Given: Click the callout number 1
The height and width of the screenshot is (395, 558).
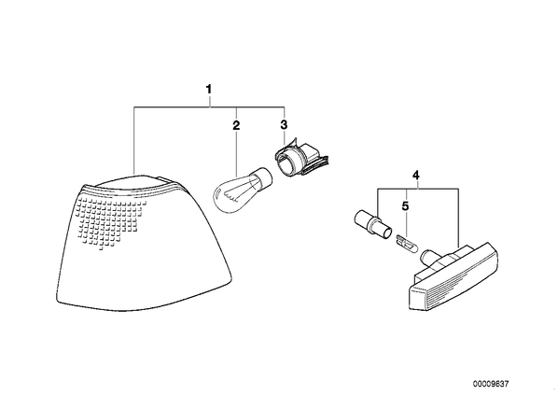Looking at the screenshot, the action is pos(209,89).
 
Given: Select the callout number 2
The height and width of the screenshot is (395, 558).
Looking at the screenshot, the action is pos(236,125).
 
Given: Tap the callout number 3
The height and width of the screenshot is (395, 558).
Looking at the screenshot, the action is pos(284,124).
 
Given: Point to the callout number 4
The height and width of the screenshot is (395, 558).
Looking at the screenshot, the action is pos(416,176).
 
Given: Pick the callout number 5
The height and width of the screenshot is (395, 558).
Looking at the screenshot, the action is pos(406,206).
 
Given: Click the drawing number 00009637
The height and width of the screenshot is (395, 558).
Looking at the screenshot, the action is pos(491,384).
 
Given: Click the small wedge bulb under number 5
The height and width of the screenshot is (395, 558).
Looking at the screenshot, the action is pos(407,245).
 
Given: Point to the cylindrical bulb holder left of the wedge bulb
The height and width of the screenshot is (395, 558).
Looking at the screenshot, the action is pos(372,224).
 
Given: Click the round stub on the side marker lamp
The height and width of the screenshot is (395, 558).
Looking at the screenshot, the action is pos(429,257).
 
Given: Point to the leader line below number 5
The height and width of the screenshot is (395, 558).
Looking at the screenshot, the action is pos(407,224).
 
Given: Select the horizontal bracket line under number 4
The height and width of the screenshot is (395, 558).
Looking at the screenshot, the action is pos(418,189).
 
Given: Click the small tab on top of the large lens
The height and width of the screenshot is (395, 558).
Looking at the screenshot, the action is pos(162,178).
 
